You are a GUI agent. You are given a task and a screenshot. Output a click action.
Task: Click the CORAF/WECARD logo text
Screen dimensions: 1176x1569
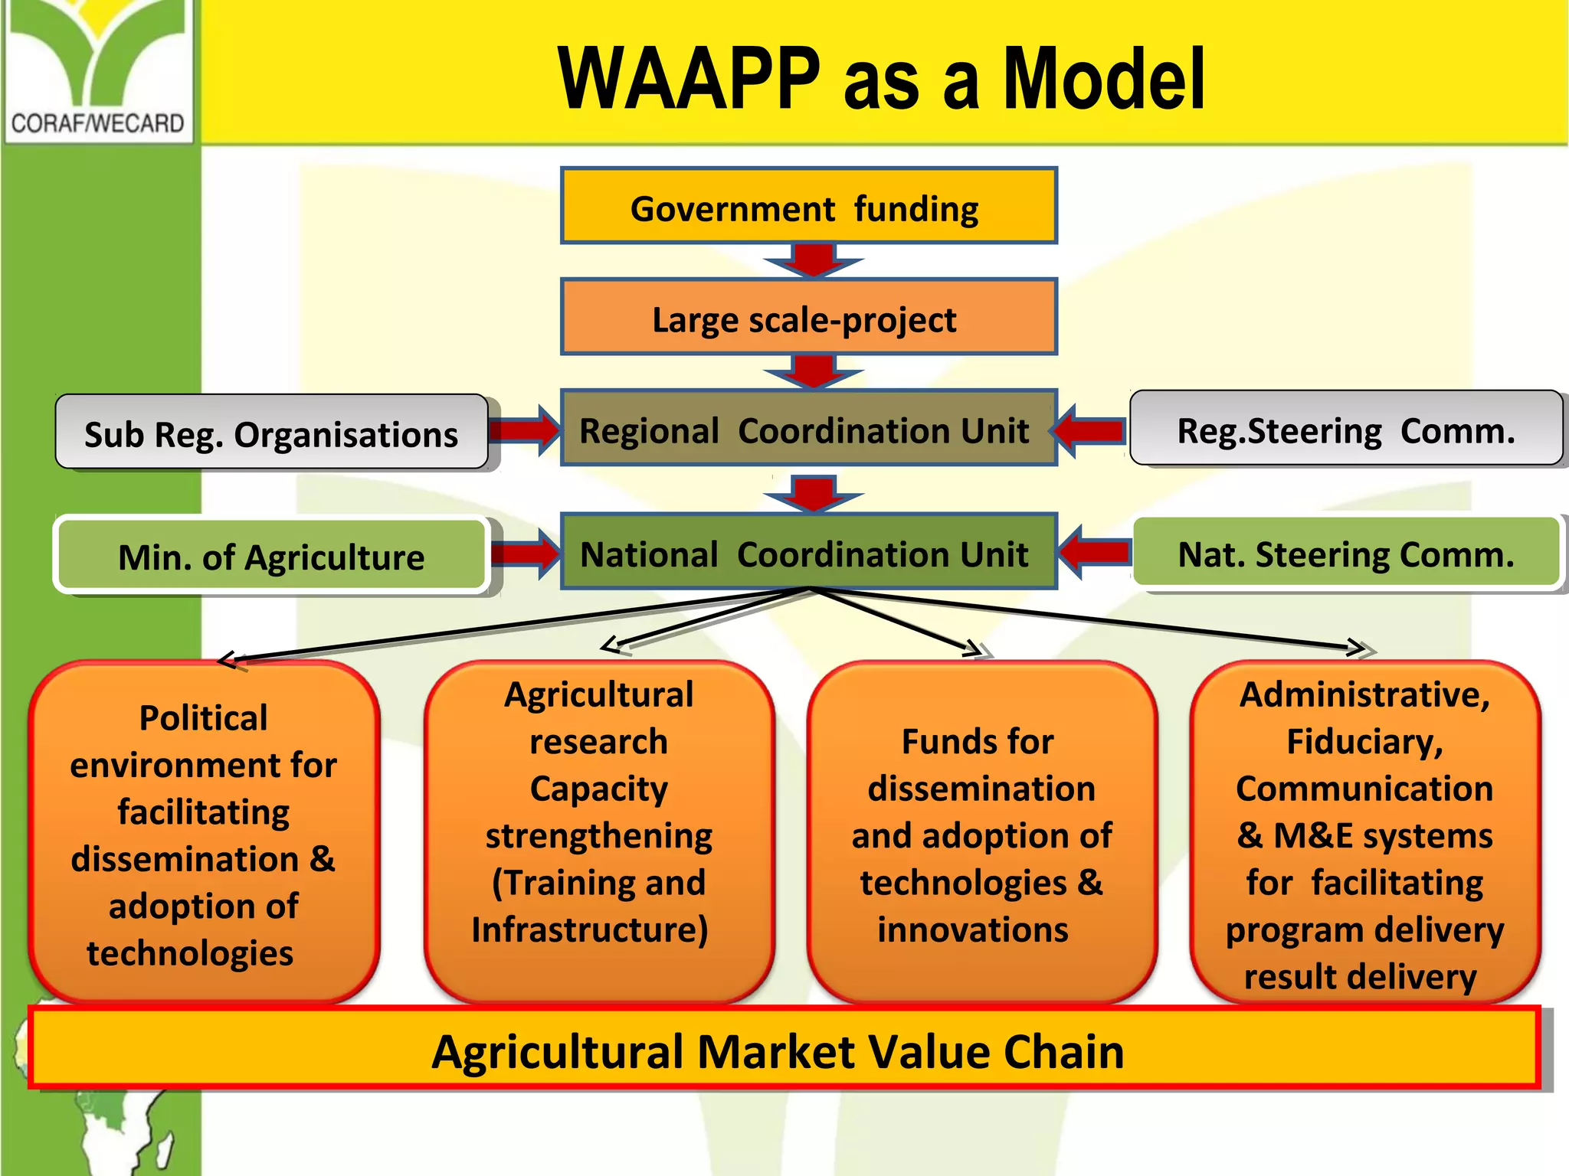point(97,123)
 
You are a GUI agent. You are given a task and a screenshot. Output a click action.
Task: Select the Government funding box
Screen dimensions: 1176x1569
point(808,207)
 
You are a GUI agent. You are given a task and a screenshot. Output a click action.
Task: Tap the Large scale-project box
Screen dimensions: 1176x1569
point(808,318)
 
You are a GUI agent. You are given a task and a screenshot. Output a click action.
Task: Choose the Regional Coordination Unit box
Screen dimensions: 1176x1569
point(808,429)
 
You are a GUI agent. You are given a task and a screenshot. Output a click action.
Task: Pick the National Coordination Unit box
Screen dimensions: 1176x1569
point(808,552)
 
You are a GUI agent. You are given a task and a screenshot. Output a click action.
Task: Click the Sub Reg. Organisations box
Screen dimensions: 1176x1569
point(271,433)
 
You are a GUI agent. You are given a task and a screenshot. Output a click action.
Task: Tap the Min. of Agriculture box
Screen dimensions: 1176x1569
point(271,556)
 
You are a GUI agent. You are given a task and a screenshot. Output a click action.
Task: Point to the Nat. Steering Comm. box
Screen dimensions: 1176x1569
point(1345,553)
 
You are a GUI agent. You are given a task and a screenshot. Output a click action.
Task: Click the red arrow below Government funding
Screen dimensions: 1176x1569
point(814,261)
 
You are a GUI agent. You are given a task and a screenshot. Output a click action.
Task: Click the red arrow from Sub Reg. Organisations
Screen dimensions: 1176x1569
point(526,430)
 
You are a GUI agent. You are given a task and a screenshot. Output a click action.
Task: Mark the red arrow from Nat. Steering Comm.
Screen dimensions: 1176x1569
point(1093,552)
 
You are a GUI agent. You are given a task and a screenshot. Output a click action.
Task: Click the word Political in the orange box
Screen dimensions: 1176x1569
point(203,718)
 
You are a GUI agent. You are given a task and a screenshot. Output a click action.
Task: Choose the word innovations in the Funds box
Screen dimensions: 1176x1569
point(973,929)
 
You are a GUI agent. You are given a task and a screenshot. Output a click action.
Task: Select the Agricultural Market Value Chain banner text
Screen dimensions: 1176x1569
point(778,1051)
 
